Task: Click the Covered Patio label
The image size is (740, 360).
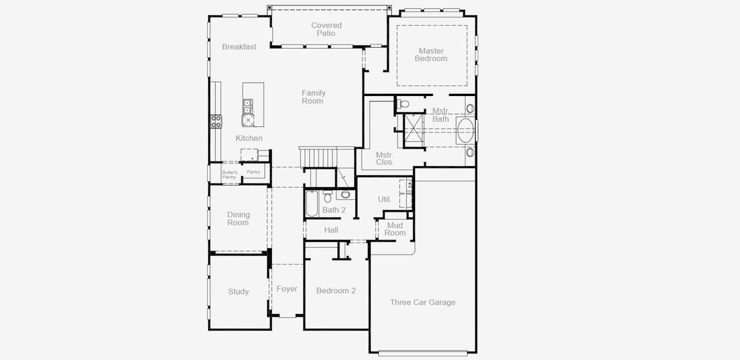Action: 326,29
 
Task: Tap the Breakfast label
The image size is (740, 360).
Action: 239,47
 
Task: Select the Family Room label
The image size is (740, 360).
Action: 313,97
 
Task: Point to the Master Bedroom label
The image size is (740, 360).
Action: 431,55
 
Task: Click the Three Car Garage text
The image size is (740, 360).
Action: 423,302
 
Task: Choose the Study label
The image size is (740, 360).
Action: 238,292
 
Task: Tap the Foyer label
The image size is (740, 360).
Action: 287,289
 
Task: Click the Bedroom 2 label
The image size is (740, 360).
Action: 336,290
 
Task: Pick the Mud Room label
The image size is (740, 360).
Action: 395,229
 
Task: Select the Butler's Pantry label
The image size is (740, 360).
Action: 230,175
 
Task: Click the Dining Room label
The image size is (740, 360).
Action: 238,218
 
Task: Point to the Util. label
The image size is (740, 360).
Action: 385,199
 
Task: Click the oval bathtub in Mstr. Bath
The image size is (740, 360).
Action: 466,130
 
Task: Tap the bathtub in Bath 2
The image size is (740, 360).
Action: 311,203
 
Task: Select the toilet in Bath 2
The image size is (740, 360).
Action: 328,197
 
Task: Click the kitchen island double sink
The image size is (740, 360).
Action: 247,106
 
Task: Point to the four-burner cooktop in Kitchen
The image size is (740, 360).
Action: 216,121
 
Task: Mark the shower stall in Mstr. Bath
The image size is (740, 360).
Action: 414,131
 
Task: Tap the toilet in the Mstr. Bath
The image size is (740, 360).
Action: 402,104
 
